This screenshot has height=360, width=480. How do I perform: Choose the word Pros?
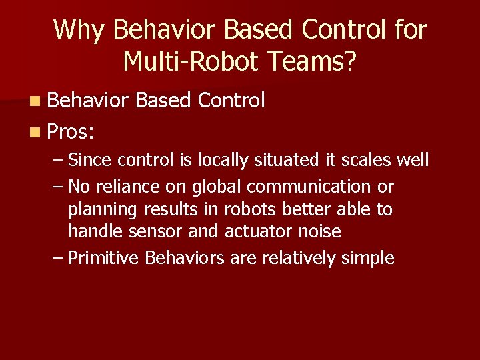tap(71, 131)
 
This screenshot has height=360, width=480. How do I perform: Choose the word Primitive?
tap(105, 258)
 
